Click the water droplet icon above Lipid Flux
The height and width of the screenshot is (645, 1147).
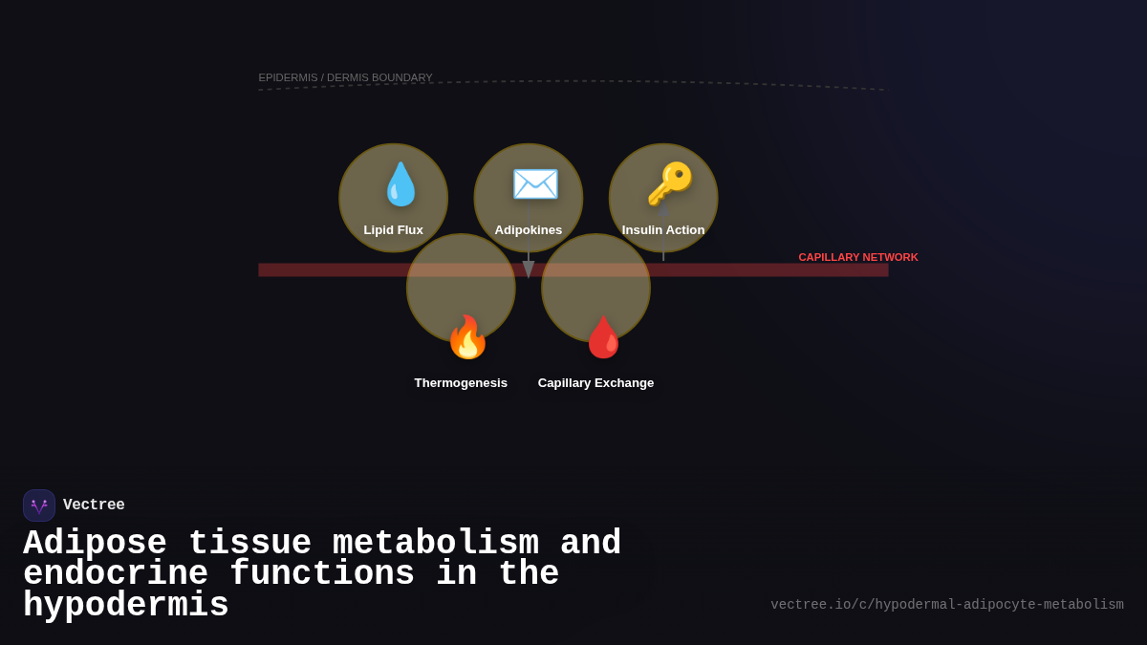(400, 184)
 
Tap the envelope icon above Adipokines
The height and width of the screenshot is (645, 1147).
(535, 184)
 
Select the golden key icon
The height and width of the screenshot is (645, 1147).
(669, 183)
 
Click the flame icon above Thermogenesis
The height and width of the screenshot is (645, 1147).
(467, 337)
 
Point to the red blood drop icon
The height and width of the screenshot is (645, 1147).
(603, 337)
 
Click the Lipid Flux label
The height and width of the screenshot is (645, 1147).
(393, 230)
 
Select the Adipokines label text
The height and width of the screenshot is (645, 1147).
(528, 230)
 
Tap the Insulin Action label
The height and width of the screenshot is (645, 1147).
(663, 230)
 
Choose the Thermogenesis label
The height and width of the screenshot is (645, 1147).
(461, 383)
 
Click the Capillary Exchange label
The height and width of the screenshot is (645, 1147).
(595, 383)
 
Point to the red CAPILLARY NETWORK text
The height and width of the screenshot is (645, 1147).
(857, 257)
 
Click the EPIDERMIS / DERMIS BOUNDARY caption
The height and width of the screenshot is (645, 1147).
(345, 77)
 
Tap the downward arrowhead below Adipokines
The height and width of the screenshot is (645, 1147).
(529, 269)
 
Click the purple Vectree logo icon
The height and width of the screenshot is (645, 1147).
(39, 505)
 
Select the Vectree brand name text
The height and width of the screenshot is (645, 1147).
(94, 505)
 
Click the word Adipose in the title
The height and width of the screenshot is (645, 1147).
(95, 544)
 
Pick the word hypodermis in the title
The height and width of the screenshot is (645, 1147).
(125, 606)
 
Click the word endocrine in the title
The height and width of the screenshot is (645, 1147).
(115, 574)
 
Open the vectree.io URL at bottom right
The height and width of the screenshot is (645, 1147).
(946, 605)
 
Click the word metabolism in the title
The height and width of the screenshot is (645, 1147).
(435, 544)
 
